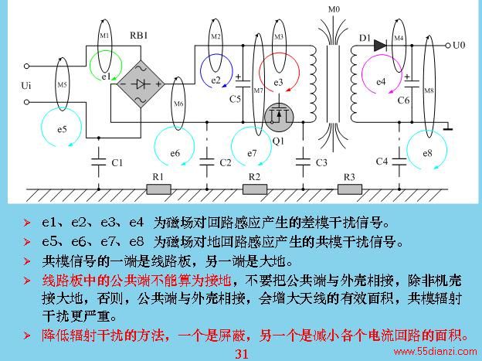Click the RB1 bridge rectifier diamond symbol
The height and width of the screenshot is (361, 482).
point(141,83)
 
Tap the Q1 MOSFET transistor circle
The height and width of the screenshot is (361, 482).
point(279,117)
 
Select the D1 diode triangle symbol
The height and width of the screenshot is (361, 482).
point(380,46)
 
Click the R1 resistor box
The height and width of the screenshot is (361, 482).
point(158,189)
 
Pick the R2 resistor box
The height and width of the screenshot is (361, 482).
point(255,189)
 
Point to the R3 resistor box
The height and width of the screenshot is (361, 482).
point(350,189)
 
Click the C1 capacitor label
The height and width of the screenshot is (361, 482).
point(117,162)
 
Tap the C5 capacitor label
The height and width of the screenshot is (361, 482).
point(235,99)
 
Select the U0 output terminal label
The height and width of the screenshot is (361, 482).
point(459,46)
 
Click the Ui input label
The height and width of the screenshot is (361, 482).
point(26,85)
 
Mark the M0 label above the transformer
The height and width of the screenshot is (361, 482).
point(334,9)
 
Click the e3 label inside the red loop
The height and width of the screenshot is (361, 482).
point(278,83)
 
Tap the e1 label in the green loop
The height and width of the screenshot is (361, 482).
point(106,77)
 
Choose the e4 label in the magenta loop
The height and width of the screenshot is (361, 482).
point(381,82)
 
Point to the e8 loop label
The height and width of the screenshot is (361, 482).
point(427,153)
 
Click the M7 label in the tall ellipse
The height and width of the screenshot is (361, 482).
point(259,90)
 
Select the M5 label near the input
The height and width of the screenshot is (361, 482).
point(62,84)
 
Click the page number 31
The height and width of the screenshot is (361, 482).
point(242,354)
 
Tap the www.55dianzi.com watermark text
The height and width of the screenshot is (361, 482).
point(436,351)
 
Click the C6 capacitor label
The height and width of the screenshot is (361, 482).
point(404,100)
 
